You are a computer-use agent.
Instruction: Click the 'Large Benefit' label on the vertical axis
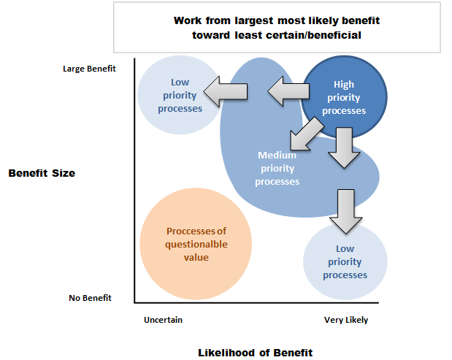[x=89, y=69]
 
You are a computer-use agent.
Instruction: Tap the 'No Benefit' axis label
[x=90, y=298]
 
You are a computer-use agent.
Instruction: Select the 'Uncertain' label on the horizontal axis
[x=163, y=320]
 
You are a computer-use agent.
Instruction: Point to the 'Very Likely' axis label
[x=346, y=320]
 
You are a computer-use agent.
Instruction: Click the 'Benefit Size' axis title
[x=42, y=173]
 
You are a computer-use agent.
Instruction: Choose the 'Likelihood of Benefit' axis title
[x=255, y=353]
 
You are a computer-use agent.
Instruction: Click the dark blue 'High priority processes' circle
[x=344, y=97]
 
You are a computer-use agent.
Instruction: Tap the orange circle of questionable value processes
[x=196, y=244]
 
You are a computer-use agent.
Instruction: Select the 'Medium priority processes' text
[x=277, y=169]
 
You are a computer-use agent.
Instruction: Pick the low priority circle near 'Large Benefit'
[x=180, y=95]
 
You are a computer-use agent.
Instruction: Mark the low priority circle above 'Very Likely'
[x=345, y=261]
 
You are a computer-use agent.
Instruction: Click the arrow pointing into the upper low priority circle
[x=226, y=92]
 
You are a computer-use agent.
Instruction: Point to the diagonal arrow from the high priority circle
[x=306, y=134]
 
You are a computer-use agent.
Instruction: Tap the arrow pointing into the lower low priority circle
[x=346, y=211]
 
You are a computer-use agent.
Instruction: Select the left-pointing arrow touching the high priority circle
[x=288, y=91]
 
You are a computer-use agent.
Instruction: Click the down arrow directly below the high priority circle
[x=344, y=148]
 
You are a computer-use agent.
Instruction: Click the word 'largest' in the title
[x=253, y=20]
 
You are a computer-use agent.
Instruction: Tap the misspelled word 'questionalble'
[x=196, y=245]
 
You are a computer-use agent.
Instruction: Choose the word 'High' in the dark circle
[x=344, y=85]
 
